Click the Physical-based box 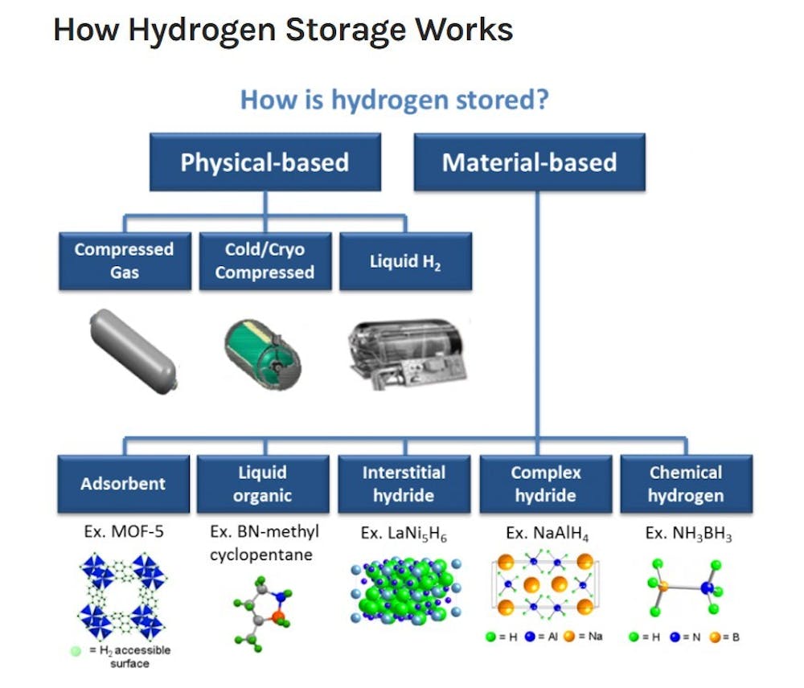point(265,162)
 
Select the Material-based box point(529,162)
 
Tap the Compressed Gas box point(124,260)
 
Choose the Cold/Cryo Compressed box point(264,260)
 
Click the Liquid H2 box point(404,260)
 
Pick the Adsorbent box point(122,484)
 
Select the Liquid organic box point(262,484)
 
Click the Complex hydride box point(546,484)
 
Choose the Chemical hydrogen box point(686,484)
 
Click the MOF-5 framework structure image point(121,594)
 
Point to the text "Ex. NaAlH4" point(544,533)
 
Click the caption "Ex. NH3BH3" point(686,533)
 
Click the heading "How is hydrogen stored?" point(395,100)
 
